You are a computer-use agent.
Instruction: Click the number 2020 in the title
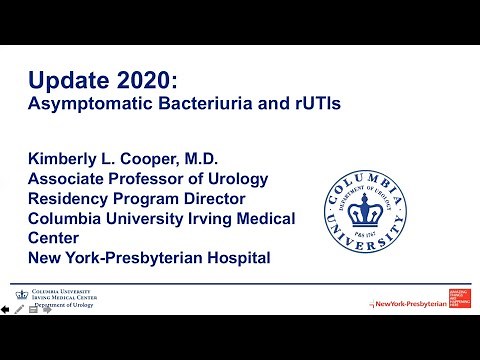[x=142, y=78]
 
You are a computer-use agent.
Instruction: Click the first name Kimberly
[x=68, y=159]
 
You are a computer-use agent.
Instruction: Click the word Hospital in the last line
[x=232, y=257]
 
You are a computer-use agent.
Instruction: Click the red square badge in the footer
[x=462, y=298]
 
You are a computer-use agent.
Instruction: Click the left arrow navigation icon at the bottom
[x=6, y=310]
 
